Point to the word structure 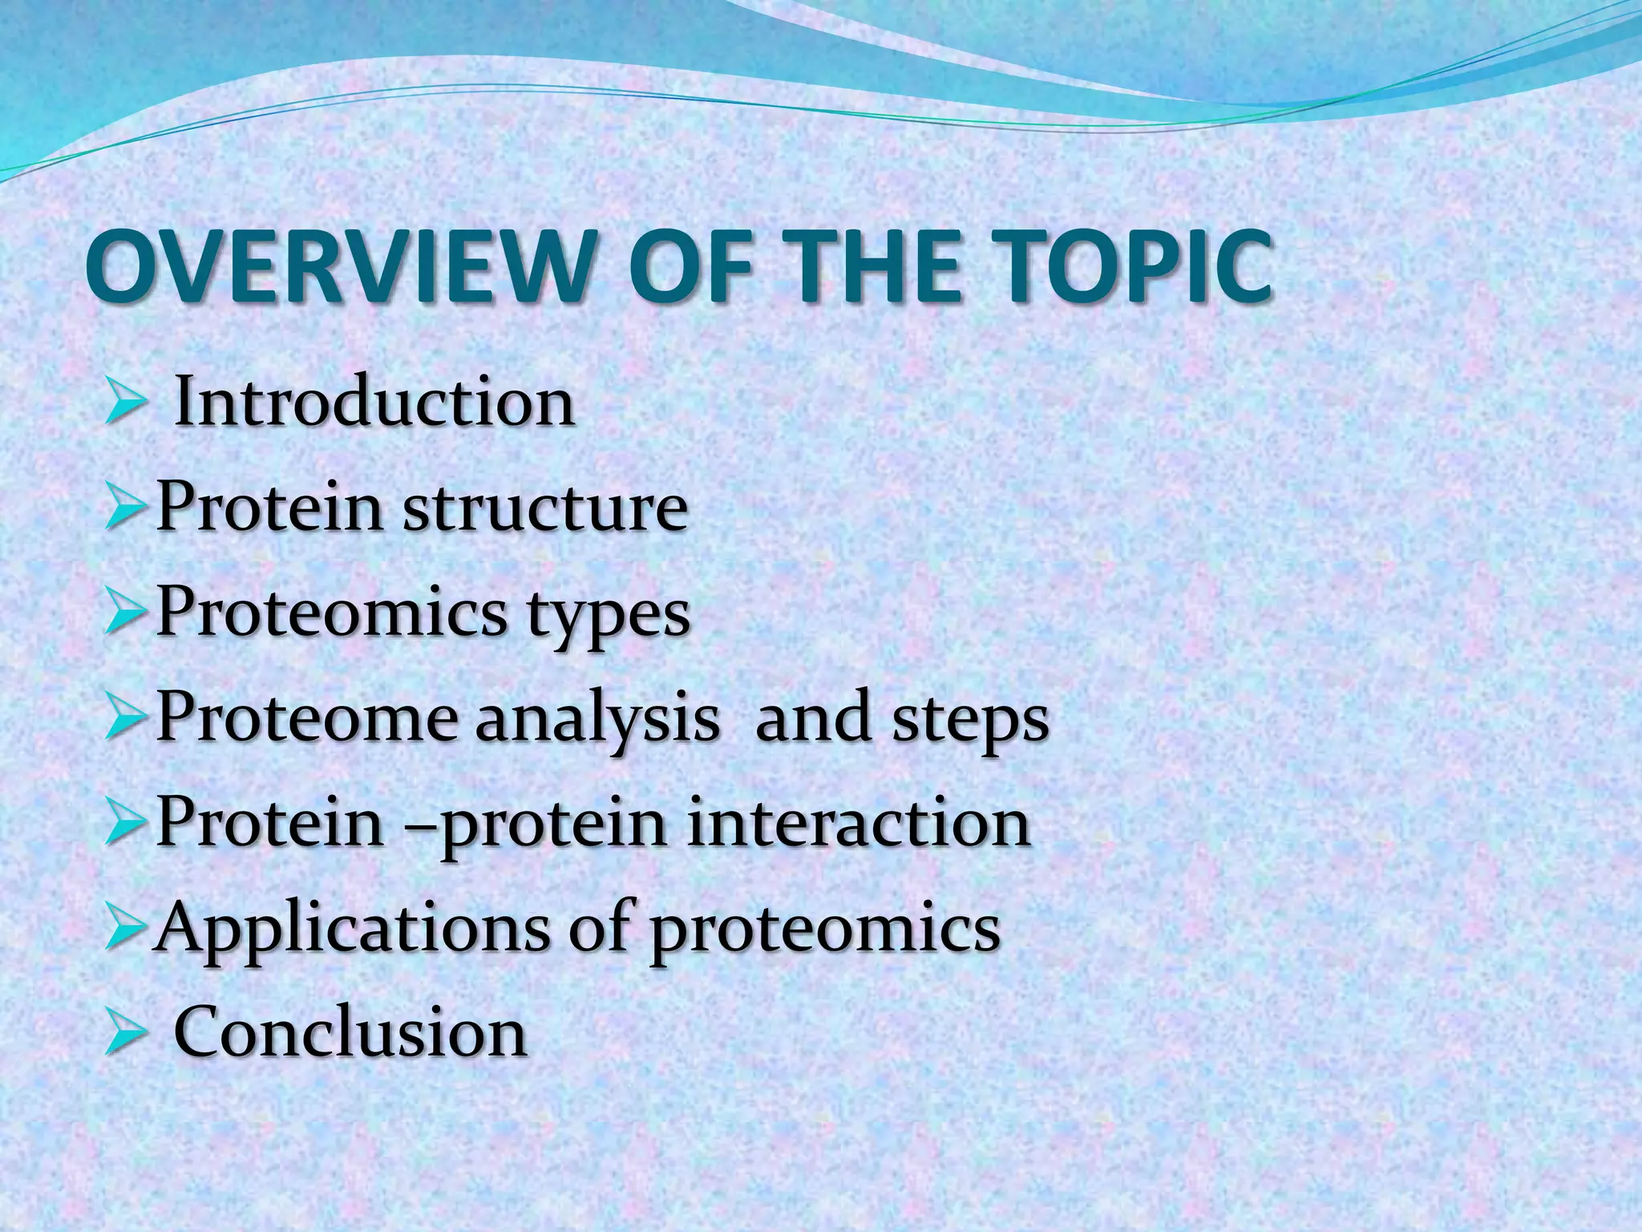point(544,509)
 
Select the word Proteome point(304,718)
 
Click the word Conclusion point(350,1033)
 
